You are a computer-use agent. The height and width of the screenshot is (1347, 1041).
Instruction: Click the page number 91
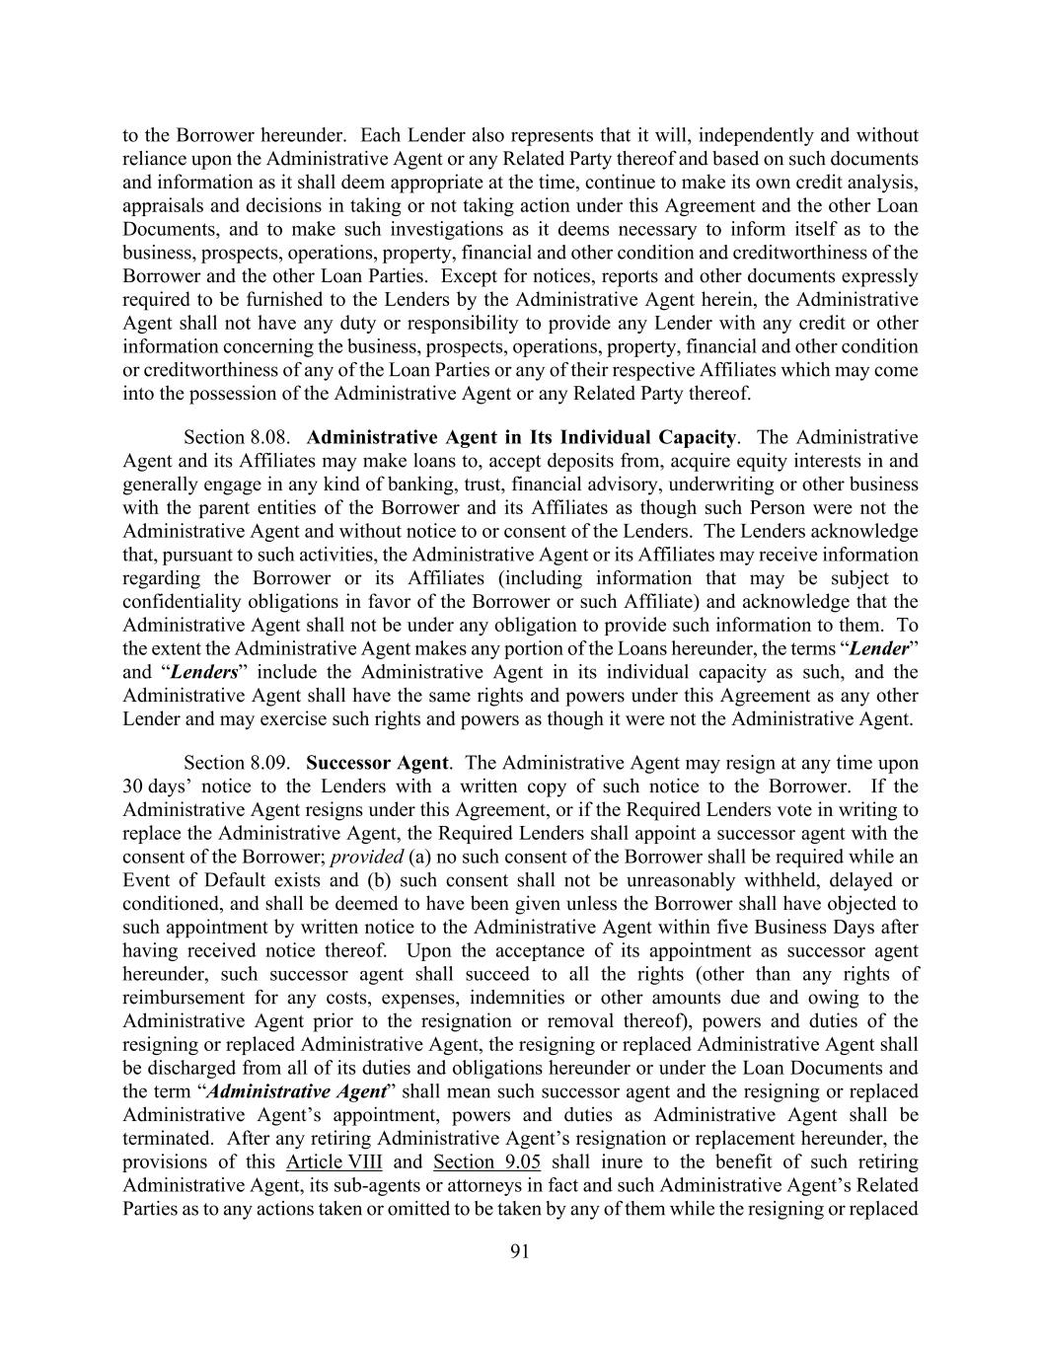[x=520, y=1251]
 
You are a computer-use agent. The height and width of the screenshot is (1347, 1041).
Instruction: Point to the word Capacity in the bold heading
[x=699, y=437]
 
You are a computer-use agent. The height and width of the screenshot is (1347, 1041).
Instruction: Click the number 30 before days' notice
[x=132, y=786]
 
